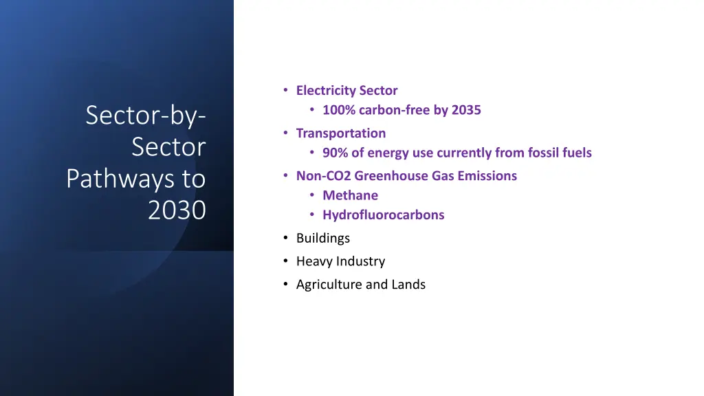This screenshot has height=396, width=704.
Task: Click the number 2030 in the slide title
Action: (177, 210)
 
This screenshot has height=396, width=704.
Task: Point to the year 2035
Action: (466, 110)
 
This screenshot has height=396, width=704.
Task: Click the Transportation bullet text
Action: (341, 133)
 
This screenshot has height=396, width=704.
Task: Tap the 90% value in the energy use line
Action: (335, 153)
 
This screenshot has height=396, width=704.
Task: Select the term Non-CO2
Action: (323, 176)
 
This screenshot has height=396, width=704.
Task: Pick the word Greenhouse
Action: (390, 176)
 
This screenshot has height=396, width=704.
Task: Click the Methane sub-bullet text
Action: (350, 195)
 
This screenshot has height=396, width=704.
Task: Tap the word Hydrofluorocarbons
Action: (383, 214)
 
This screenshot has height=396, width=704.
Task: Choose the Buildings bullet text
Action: (322, 238)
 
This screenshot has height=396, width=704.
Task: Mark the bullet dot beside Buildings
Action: (285, 238)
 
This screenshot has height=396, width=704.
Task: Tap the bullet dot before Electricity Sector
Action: (285, 91)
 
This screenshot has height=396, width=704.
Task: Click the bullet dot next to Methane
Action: (312, 195)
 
